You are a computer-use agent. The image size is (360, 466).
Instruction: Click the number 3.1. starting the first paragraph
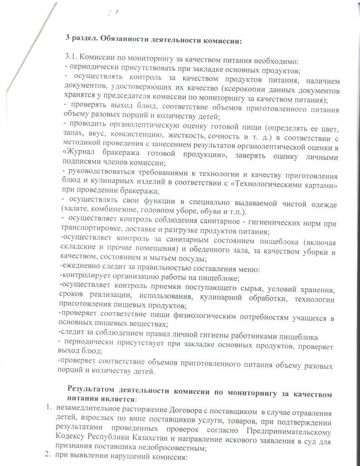point(71,57)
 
